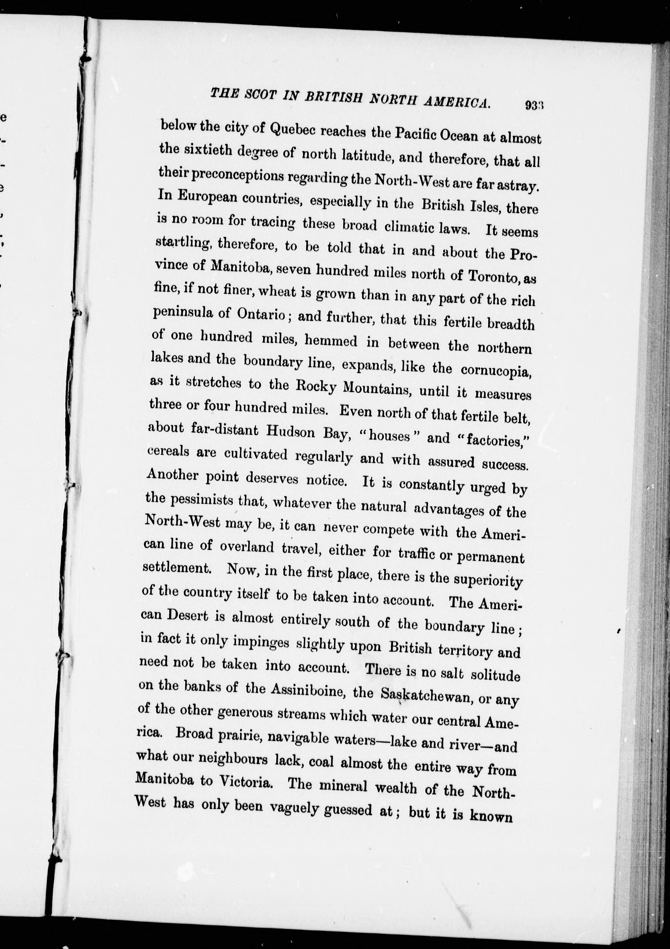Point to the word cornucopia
click(x=495, y=370)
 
